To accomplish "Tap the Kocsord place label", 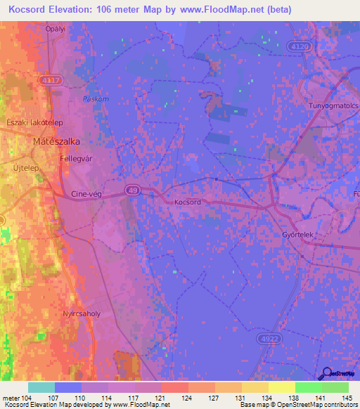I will (x=188, y=202).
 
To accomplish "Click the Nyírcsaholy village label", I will (x=82, y=313).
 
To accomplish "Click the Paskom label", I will (x=96, y=99).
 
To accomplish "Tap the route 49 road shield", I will (x=134, y=189).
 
